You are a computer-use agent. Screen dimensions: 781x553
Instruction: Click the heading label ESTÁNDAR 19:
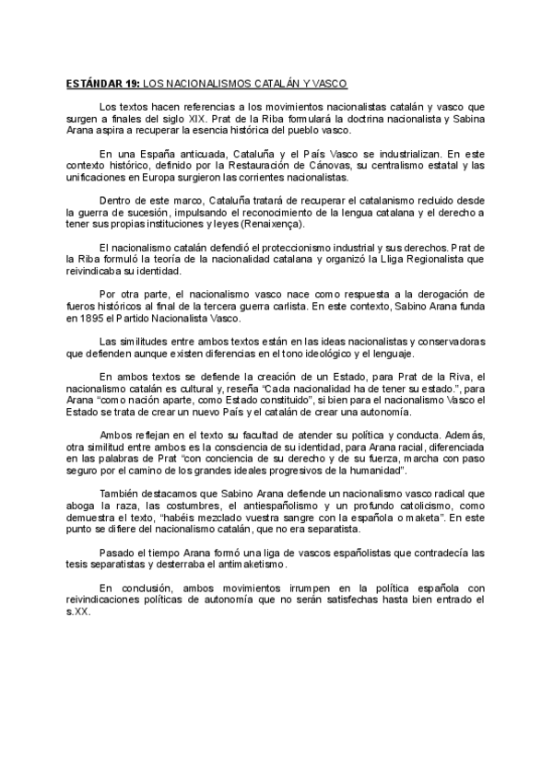(103, 83)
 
